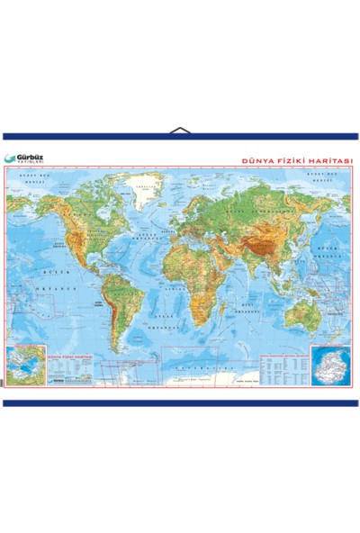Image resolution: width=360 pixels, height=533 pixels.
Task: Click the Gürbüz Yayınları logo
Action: tap(24, 158)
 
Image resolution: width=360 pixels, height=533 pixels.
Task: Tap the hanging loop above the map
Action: tap(180, 131)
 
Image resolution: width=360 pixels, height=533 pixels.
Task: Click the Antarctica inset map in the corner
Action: tap(330, 364)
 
